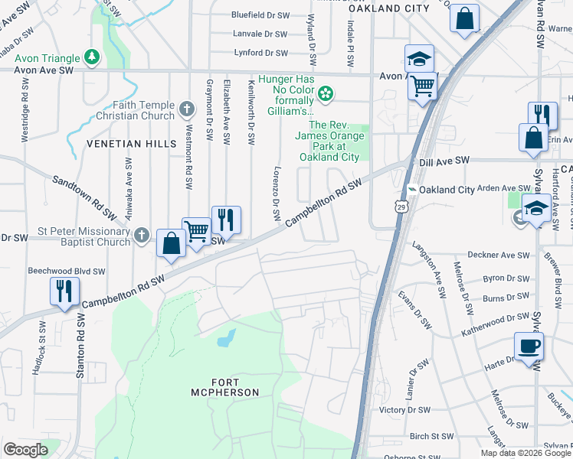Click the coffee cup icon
(529, 346)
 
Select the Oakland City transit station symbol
(411, 190)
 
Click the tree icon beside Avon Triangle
(91, 57)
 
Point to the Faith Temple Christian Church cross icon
(186, 109)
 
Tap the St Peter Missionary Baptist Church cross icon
(141, 235)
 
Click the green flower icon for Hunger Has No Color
(326, 94)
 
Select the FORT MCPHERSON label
(225, 386)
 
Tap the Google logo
(25, 449)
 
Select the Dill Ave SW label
(444, 161)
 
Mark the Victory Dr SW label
(410, 410)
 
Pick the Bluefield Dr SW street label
(260, 15)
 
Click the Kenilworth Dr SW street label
(250, 112)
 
